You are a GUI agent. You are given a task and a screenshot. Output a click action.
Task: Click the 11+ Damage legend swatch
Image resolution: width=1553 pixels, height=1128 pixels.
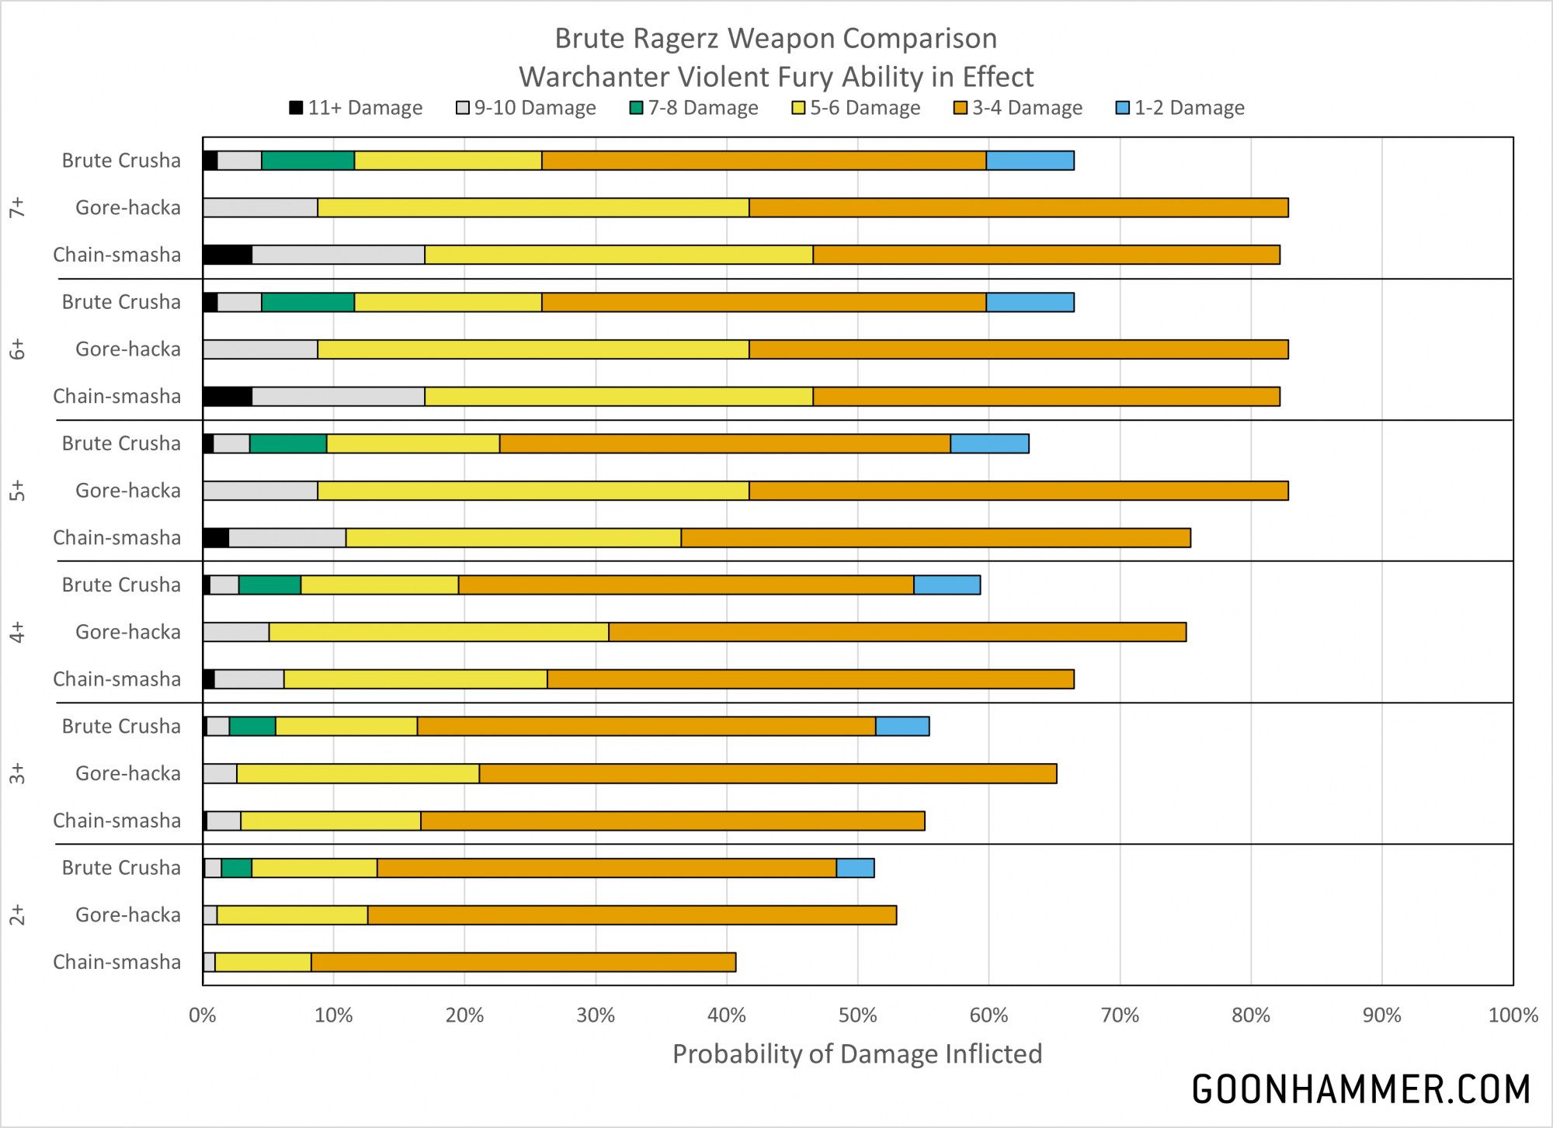pos(296,108)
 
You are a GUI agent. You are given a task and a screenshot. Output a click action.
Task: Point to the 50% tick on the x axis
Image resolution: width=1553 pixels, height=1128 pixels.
pos(858,1015)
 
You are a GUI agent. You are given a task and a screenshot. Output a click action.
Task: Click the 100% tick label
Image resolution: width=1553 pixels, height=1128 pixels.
pos(1513,1015)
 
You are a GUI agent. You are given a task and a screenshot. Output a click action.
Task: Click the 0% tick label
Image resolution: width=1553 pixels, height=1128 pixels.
pos(203,1015)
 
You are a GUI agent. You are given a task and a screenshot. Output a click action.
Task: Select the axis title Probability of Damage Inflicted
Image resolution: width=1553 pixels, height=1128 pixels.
pos(857,1054)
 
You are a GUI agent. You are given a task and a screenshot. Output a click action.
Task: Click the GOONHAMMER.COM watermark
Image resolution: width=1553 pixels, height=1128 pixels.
pos(1360,1089)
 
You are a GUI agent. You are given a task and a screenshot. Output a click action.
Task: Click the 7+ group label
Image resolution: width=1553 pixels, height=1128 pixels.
pos(17,207)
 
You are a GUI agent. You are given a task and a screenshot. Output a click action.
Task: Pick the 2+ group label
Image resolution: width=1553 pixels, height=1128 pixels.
pos(17,915)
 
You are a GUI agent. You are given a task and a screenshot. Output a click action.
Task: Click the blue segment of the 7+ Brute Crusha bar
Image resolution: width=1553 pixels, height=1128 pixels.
pos(1030,161)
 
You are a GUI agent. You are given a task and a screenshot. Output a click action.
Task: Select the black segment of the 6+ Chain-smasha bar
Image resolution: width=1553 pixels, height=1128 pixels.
pos(228,397)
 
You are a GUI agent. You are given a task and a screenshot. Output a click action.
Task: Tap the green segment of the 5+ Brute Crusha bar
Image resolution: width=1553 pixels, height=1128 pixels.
pos(288,443)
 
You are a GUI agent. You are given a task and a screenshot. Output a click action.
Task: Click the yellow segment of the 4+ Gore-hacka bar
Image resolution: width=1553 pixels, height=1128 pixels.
pos(439,632)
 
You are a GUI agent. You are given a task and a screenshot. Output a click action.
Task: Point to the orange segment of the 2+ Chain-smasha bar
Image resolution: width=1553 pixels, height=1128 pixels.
pos(523,963)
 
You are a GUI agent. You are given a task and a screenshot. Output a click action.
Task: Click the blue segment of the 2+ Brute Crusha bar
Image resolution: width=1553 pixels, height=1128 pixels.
pos(855,868)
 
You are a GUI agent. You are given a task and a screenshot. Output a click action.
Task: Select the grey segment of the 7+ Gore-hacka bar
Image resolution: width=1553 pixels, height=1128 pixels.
pos(260,207)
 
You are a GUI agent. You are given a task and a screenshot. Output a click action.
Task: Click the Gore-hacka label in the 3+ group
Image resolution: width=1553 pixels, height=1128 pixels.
pos(128,773)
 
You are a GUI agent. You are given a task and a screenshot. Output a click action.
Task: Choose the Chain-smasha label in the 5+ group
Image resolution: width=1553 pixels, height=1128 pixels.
pos(116,538)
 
